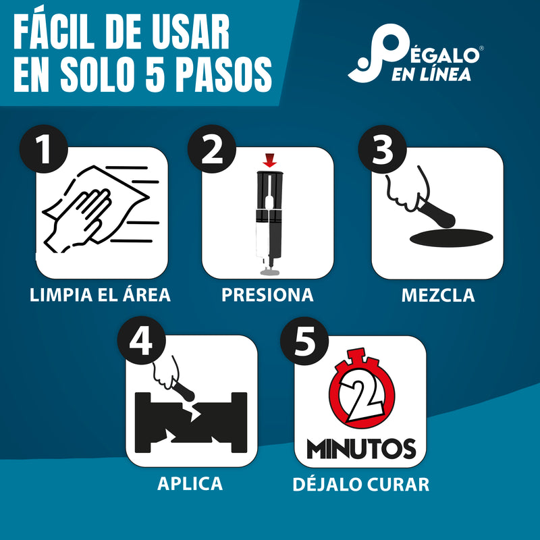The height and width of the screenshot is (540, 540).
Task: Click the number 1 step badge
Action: (x=45, y=150)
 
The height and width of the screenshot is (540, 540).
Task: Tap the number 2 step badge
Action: (x=213, y=150)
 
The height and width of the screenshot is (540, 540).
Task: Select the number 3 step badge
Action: (x=383, y=150)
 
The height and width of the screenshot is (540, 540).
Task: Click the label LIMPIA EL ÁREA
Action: (x=100, y=295)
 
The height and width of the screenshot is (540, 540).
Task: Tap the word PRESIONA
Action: (x=267, y=295)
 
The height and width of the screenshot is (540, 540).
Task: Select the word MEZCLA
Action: (x=437, y=295)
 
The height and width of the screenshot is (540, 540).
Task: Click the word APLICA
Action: (x=190, y=483)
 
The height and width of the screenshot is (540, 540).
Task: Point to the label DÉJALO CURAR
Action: (x=360, y=484)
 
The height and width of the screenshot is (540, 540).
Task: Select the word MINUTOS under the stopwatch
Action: (x=360, y=448)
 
